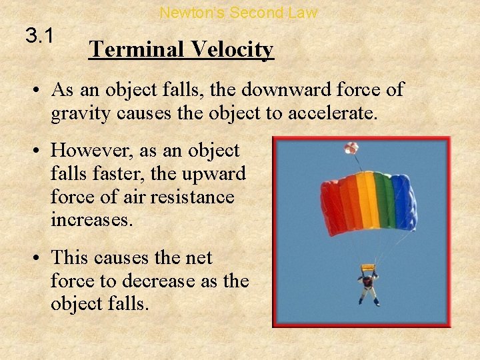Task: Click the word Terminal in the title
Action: pos(130,49)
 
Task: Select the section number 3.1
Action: pos(39,36)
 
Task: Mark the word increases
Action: pos(92,220)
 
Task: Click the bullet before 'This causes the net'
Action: pos(38,257)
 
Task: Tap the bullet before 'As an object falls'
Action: pos(38,90)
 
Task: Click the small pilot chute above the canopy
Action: pos(351,147)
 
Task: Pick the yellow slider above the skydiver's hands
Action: pos(367,268)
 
